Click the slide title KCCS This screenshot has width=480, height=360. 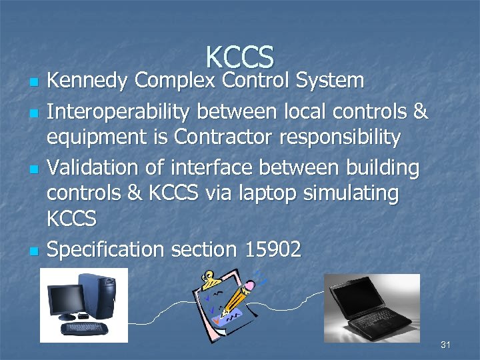point(240,57)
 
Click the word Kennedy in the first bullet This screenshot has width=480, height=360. point(87,81)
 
